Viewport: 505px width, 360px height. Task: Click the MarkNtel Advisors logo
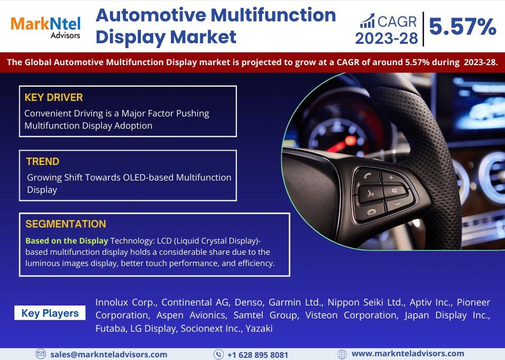[45, 28]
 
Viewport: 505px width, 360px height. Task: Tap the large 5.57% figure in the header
[462, 26]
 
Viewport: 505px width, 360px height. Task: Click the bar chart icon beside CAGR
[367, 21]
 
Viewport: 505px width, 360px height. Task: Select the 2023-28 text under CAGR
[386, 38]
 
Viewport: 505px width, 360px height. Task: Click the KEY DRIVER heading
[54, 97]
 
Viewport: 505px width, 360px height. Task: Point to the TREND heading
[43, 161]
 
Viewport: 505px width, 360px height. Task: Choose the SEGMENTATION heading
[66, 224]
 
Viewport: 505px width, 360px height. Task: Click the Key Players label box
[50, 313]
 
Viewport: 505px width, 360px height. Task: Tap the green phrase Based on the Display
[67, 241]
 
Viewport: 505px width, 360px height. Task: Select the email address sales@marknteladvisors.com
[109, 355]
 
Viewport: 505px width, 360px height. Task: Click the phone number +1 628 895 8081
[258, 355]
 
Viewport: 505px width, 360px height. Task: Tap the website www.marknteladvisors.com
[408, 354]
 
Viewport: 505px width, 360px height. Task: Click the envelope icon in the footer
[41, 354]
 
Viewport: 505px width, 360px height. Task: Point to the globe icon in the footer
[342, 354]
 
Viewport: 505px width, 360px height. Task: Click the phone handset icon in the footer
[219, 355]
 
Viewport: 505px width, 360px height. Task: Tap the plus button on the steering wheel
[391, 177]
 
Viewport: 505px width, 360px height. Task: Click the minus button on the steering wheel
[398, 204]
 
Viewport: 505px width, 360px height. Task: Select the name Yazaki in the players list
[259, 328]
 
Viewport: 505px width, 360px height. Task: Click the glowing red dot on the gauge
[350, 140]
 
